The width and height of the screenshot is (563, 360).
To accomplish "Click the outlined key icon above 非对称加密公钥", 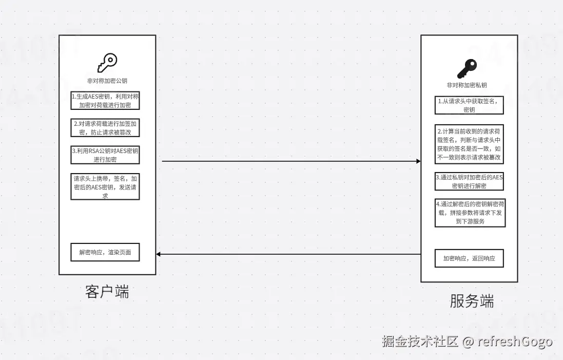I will point(107,63).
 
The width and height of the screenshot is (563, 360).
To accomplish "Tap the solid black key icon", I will point(467,68).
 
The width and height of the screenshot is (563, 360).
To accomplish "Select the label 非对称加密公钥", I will point(107,81).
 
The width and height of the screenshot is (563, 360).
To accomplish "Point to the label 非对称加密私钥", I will point(467,85).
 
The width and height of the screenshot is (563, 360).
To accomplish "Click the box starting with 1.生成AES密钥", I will point(105,100).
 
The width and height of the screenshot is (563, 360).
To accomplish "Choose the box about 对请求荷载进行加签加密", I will point(105,128).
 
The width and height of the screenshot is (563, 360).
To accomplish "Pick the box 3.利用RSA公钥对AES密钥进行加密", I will point(105,155).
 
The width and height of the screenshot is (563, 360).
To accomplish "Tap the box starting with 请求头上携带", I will point(105,186).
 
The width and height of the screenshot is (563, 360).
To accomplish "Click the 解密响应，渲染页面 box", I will point(105,252).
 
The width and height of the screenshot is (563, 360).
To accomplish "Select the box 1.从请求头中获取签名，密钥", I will point(469,105).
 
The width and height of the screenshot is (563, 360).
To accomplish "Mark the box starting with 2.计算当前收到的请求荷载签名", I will point(469,143).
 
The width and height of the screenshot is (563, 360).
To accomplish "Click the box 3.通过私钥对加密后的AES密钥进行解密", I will point(469,181).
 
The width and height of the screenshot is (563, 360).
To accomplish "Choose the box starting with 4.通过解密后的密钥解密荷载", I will point(469,213).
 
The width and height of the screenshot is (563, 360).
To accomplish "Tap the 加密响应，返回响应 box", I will point(469,258).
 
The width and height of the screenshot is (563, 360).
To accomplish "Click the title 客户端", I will point(107,292).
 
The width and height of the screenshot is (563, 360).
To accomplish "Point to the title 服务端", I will point(472,301).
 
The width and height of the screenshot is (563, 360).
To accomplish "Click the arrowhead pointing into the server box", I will point(418,161).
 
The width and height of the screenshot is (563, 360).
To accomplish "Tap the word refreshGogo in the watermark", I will point(515,342).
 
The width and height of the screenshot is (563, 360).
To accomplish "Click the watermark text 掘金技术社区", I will point(420,342).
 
